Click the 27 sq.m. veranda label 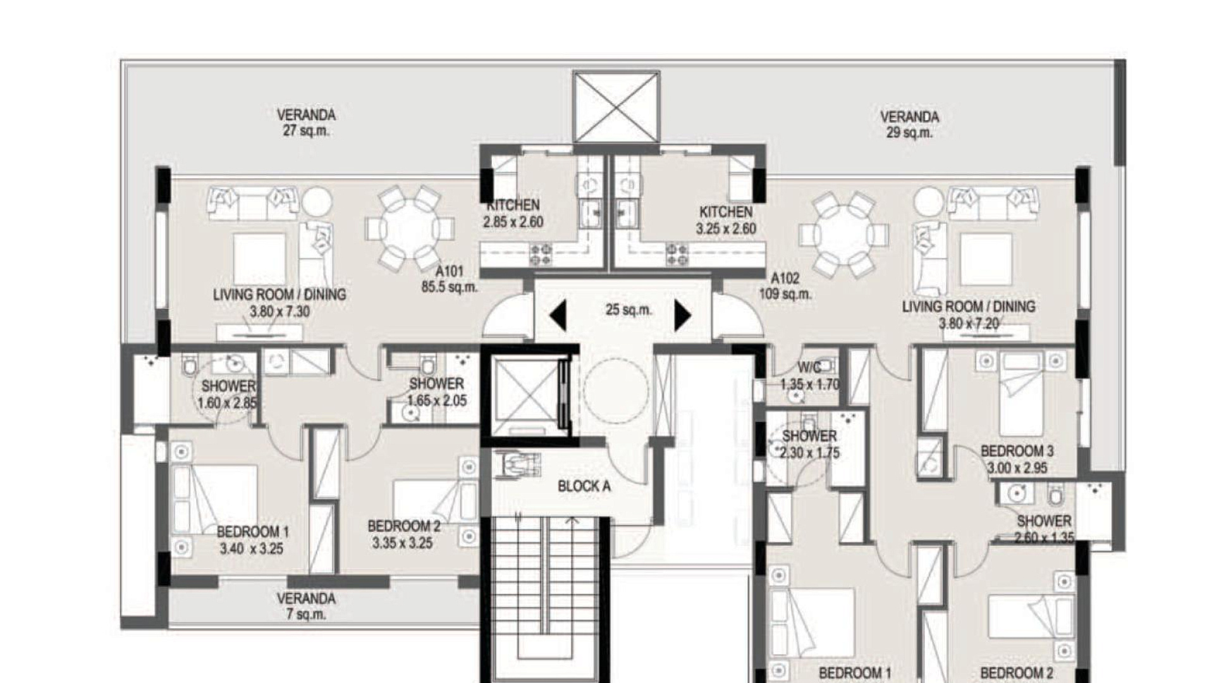tap(306, 123)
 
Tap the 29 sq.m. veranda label tap(909, 125)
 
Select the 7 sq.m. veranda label tap(306, 606)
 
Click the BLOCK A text tap(584, 486)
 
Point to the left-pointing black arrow tap(558, 316)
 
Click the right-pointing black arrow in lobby tap(683, 316)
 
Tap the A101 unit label tap(450, 271)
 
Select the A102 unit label tap(785, 278)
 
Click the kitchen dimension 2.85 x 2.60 tap(513, 222)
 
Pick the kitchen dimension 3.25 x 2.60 tap(726, 229)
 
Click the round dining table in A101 tap(410, 228)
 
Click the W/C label tap(809, 367)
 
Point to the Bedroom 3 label tap(1017, 452)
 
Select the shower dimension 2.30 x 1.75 tap(809, 453)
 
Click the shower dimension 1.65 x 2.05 tap(437, 400)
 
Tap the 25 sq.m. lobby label tap(628, 310)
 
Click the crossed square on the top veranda tap(616, 107)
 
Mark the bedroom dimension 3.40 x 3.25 tap(252, 548)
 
